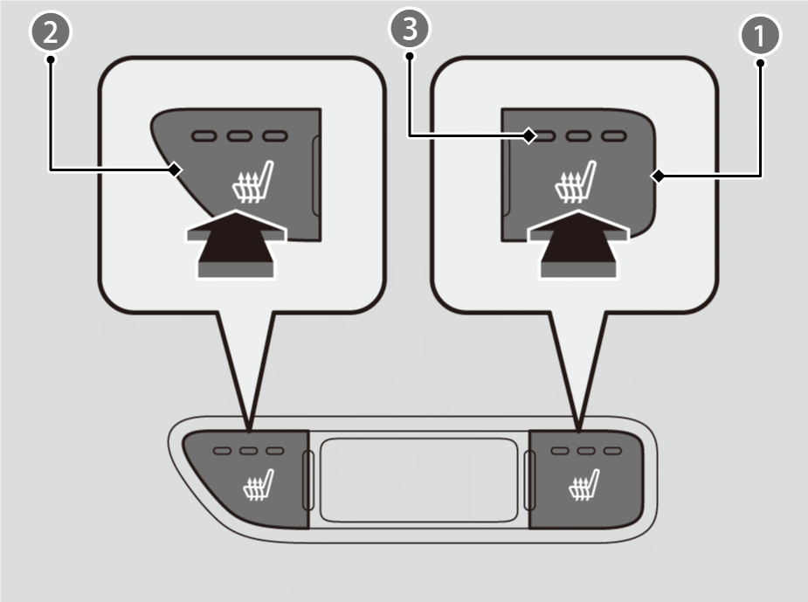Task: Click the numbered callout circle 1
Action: pos(760,36)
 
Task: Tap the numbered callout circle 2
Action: pos(51,32)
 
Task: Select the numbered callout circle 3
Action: pos(409,28)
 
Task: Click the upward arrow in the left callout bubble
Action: pos(236,245)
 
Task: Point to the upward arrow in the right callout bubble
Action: pos(578,245)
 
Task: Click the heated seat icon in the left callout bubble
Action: pos(252,182)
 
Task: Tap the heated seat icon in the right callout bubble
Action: pos(575,182)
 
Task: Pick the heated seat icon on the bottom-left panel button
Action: pos(259,485)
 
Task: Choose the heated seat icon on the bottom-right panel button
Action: pos(584,485)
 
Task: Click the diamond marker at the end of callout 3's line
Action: pos(529,136)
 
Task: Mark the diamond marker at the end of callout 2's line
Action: pos(176,169)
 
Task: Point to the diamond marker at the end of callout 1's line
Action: pos(658,176)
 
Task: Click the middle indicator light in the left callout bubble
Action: pos(239,136)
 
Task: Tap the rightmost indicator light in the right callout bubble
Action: pos(614,136)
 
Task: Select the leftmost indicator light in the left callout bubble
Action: pos(204,136)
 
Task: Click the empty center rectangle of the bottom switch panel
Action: pos(418,481)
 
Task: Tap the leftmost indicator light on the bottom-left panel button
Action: pos(222,451)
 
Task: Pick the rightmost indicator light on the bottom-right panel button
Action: pos(612,451)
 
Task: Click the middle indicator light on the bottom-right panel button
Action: pos(586,451)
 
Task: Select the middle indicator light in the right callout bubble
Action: pos(578,136)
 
